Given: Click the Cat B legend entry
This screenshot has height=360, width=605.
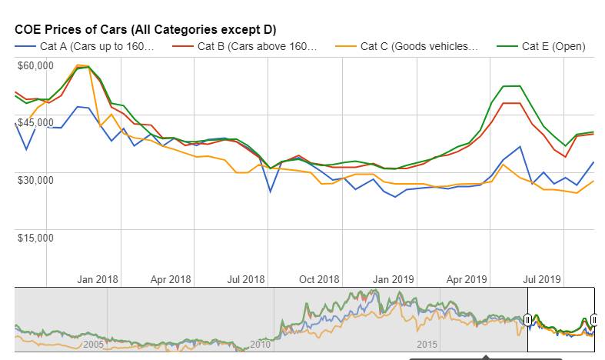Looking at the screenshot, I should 256,46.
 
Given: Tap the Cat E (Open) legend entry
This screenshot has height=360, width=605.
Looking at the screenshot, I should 553,46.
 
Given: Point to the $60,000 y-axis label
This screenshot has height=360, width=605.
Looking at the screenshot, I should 35,65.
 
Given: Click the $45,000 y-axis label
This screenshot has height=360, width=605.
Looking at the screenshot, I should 35,122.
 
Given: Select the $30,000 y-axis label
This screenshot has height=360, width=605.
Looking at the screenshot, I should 35,179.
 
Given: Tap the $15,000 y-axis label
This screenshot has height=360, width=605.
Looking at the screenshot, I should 35,237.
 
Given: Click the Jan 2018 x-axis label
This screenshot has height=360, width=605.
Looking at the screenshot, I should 98,280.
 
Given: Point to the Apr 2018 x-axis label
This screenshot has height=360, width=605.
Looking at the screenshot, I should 170,280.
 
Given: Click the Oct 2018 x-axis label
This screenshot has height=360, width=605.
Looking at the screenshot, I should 318,280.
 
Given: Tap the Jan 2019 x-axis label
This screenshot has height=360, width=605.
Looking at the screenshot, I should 393,280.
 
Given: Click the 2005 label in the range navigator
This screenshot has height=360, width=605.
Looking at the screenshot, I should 93,344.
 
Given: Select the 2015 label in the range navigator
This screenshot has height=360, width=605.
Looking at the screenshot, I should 427,344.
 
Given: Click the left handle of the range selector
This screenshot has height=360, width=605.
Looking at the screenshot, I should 528,319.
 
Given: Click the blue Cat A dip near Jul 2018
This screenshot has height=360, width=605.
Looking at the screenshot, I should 270,191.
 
